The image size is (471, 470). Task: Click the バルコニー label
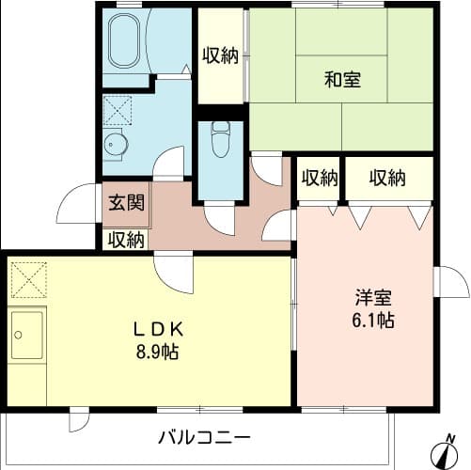coord(205,438)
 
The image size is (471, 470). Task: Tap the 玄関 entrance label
coord(124,202)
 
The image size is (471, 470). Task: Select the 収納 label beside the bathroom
coord(220,55)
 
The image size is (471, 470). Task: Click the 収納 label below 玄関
coord(125,240)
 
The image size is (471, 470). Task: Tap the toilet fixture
coord(221,139)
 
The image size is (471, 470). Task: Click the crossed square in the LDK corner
coord(26,278)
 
